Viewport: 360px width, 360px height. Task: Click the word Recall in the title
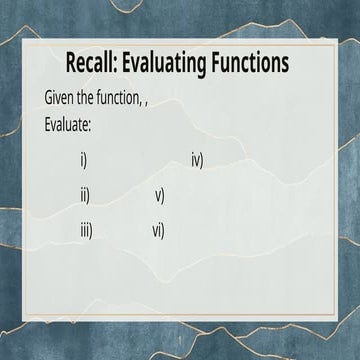tap(90, 64)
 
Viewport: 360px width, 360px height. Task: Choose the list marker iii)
tap(87, 230)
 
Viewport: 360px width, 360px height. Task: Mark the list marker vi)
tap(158, 230)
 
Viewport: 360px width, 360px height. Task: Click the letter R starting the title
tap(71, 64)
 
